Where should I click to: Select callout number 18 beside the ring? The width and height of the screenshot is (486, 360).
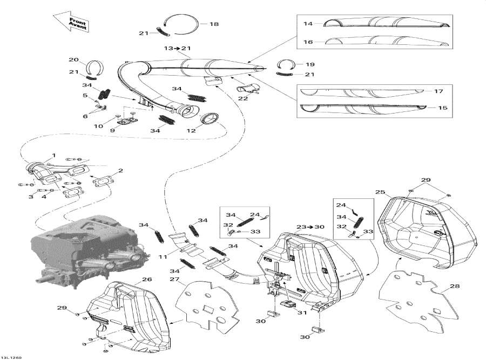(x=214, y=24)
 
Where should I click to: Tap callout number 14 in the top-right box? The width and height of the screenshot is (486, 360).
(x=308, y=24)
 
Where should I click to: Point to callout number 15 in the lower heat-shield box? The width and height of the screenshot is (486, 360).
(x=442, y=108)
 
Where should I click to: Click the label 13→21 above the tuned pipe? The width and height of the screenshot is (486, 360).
(x=178, y=49)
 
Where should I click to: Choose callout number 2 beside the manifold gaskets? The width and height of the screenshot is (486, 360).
(x=121, y=171)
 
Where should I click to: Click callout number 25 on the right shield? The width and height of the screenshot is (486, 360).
(x=380, y=192)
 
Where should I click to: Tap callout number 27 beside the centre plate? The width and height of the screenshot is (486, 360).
(x=174, y=279)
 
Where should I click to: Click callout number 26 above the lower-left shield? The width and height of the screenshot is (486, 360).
(x=146, y=279)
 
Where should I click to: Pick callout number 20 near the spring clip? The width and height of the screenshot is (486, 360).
(x=73, y=59)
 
